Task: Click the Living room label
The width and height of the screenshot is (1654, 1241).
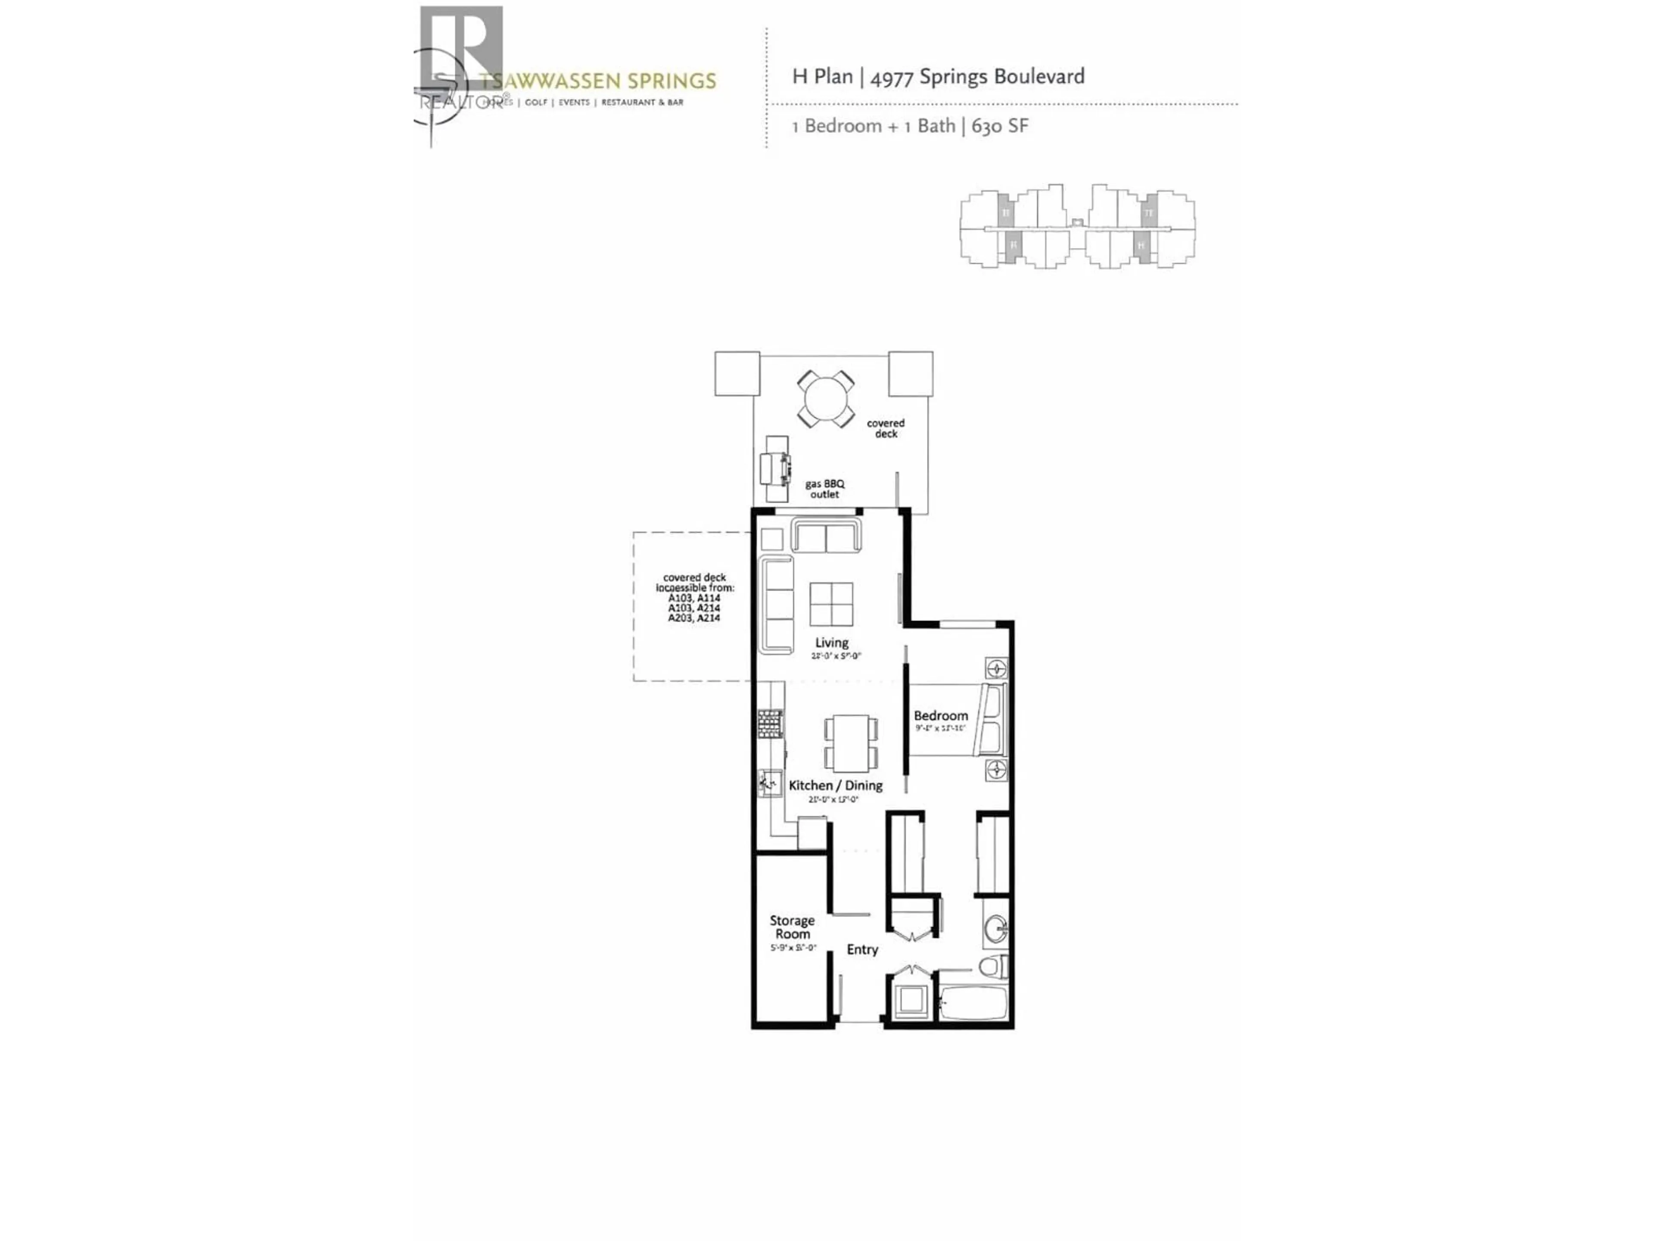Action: pyautogui.click(x=831, y=642)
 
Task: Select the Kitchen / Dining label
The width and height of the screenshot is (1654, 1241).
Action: pyautogui.click(x=835, y=786)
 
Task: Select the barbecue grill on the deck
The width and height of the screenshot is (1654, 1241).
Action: pyautogui.click(x=775, y=469)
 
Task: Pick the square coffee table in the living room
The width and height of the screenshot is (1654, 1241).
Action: pyautogui.click(x=831, y=604)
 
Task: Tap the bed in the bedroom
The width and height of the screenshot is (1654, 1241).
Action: pyautogui.click(x=957, y=719)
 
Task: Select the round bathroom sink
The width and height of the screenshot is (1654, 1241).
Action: pyautogui.click(x=995, y=930)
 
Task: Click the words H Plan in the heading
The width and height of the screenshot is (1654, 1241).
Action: pyautogui.click(x=822, y=76)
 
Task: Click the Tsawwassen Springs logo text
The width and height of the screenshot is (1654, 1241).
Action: pyautogui.click(x=598, y=81)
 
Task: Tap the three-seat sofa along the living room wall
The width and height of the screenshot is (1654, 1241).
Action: pyautogui.click(x=776, y=605)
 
